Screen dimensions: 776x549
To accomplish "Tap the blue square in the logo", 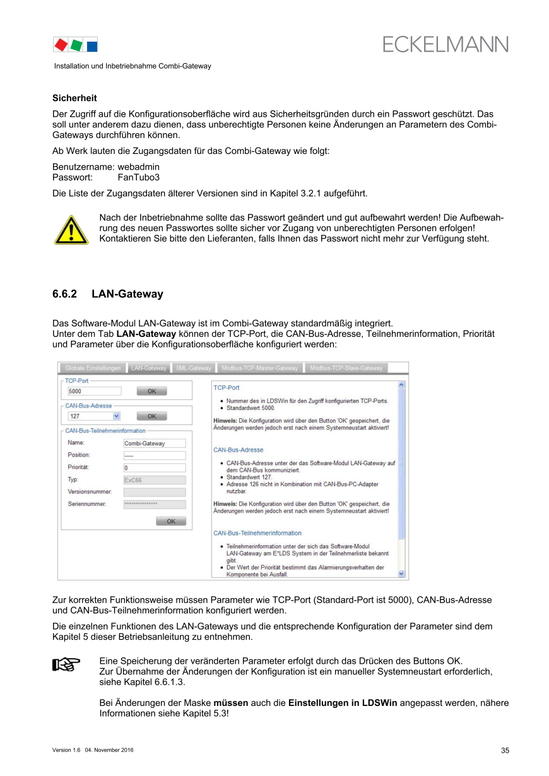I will click(92, 45).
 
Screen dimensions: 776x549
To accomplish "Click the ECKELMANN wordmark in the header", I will click(445, 44).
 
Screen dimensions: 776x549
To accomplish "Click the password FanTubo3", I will click(139, 177).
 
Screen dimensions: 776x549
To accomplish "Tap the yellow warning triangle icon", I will click(70, 230).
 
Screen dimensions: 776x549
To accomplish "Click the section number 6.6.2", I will click(64, 294).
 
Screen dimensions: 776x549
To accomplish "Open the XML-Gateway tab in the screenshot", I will click(193, 368).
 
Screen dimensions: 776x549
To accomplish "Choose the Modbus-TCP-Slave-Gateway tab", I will click(346, 368).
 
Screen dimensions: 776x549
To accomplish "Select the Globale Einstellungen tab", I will click(92, 368).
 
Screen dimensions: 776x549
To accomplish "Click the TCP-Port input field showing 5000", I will click(93, 391).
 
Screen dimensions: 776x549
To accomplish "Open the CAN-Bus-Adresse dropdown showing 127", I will click(93, 416).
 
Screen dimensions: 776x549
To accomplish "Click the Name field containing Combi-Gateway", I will click(154, 444).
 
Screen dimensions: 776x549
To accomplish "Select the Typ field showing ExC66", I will click(154, 480).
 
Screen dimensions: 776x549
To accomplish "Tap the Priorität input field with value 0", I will click(154, 468).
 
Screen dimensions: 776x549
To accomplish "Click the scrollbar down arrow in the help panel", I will click(401, 573).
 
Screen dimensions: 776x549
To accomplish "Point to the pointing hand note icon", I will click(66, 664).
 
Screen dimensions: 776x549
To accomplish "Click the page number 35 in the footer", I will click(505, 750).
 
